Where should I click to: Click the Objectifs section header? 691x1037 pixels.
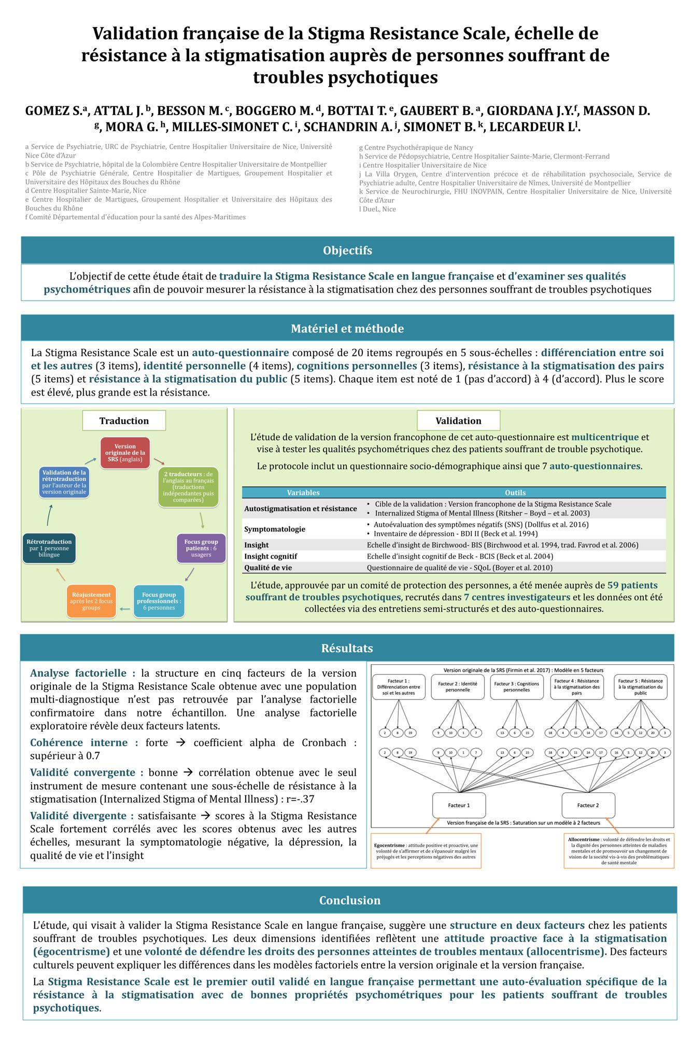pos(347,250)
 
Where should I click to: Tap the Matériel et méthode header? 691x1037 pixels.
pos(347,328)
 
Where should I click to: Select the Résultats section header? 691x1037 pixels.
pos(347,648)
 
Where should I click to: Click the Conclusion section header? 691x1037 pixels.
pos(349,901)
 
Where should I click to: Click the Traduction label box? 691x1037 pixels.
pos(124,421)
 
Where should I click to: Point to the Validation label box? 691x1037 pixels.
pos(458,421)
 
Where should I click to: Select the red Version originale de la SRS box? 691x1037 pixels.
pos(125,453)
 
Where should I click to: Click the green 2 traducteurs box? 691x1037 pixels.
pos(188,487)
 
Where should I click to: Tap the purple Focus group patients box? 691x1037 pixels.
pos(201,548)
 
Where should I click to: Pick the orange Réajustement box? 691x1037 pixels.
pos(91,601)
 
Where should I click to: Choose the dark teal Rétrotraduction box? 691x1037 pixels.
pos(49,548)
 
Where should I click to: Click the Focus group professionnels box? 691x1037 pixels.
pos(159,601)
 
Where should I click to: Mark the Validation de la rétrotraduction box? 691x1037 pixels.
pos(64,482)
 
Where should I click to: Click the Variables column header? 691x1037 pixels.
pos(303,493)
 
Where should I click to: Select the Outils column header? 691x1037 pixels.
pos(515,493)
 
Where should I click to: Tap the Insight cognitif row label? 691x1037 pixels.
pos(271,556)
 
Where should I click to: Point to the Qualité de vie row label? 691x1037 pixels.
pos(268,568)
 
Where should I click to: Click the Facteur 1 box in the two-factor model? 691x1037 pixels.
pos(459,805)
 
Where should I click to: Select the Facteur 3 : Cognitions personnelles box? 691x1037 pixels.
pos(517,687)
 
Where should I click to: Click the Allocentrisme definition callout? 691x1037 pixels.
pos(618,851)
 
